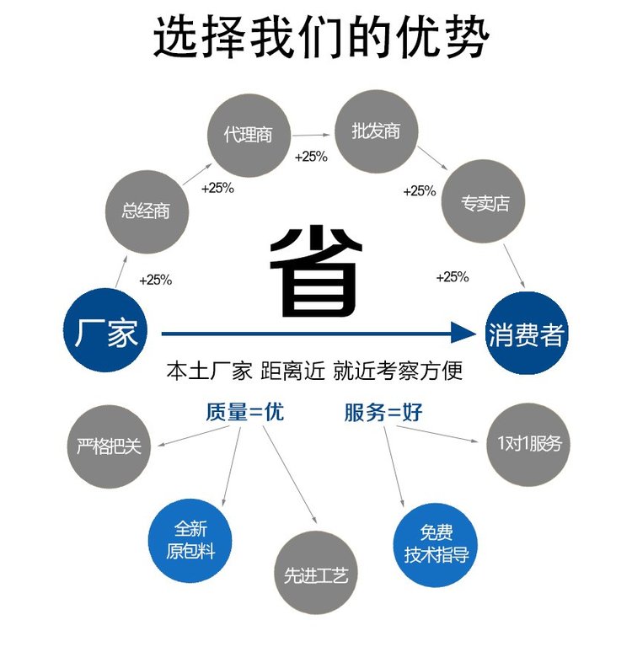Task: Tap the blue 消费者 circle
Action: [x=525, y=334]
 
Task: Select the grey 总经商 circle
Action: [x=146, y=211]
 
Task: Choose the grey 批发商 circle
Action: [x=376, y=131]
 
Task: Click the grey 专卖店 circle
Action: [x=485, y=203]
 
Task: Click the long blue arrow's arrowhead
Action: [x=463, y=333]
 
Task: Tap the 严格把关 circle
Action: [x=109, y=446]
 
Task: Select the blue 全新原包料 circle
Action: [x=190, y=539]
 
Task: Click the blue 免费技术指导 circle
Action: [x=436, y=542]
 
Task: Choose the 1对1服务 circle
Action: [x=528, y=442]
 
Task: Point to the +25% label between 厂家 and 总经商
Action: [x=156, y=280]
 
